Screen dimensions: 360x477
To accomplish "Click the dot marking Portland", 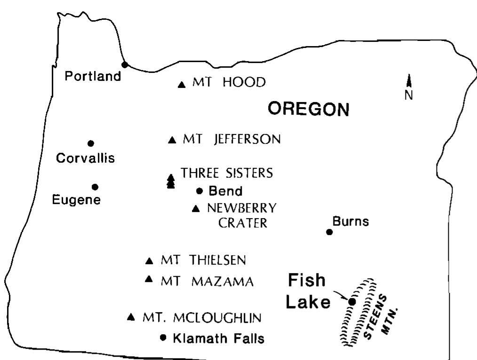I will coord(125,65).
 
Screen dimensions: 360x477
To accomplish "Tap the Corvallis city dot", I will coord(91,143).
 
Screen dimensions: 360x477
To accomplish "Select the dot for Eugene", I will coord(95,187).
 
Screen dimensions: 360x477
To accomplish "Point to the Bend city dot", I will coord(199,191).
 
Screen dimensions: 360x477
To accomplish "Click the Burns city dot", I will coord(329,232).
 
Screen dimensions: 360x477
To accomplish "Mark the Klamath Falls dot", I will coord(163,337).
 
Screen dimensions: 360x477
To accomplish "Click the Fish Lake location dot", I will coord(352,301).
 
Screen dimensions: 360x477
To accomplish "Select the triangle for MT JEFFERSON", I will coord(172,140).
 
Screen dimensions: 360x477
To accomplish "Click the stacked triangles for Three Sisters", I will coord(171,181).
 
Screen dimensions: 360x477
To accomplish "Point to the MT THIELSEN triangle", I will coord(150,261).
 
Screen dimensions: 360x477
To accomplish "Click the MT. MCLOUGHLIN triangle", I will coord(131,317).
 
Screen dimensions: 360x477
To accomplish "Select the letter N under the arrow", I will coord(409,95).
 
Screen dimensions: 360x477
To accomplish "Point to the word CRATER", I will coord(242,223).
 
